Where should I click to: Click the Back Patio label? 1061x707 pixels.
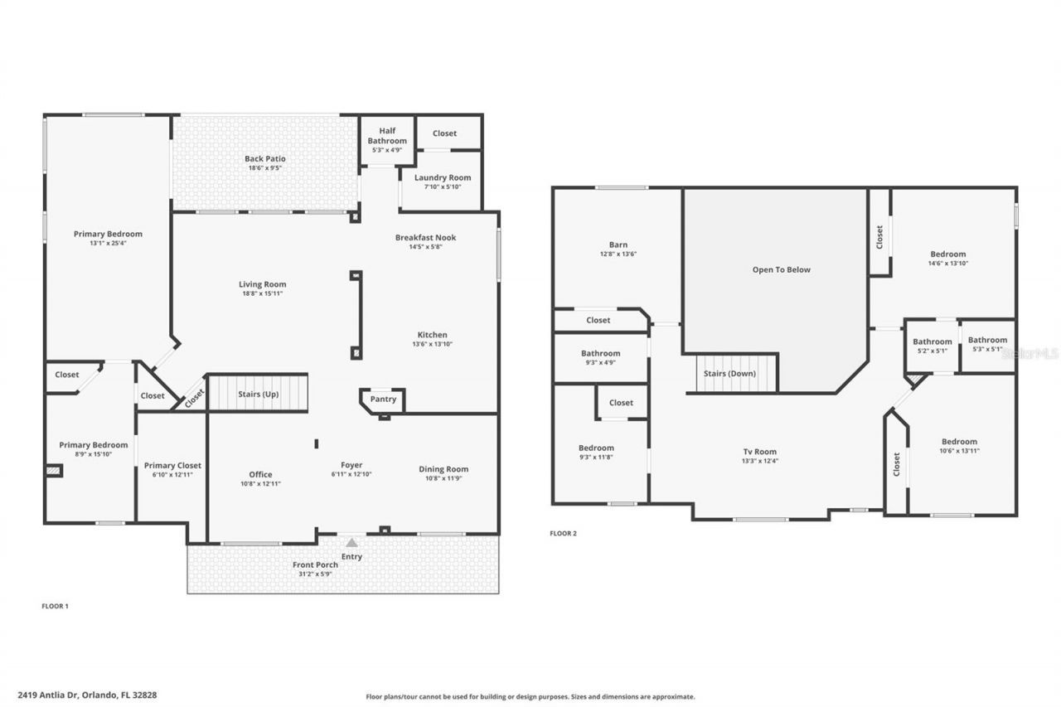click(x=264, y=158)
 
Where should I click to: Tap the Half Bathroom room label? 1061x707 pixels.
click(x=387, y=136)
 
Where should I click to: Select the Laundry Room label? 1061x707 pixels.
click(x=443, y=177)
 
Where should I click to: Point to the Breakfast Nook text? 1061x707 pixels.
click(x=425, y=237)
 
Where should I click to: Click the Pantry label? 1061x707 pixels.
click(x=383, y=399)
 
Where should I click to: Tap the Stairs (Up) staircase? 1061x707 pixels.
click(x=258, y=394)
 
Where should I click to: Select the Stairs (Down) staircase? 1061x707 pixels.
click(x=729, y=373)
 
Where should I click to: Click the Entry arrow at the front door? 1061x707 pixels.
click(x=351, y=542)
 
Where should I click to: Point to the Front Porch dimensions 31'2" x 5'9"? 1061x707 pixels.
click(x=315, y=574)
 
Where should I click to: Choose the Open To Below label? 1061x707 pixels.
click(x=781, y=269)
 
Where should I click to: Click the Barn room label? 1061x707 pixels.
click(x=618, y=245)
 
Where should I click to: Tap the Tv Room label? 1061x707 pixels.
click(x=759, y=452)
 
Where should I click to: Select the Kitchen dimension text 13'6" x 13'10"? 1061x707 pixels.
click(x=433, y=344)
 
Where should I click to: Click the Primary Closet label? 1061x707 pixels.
click(x=172, y=465)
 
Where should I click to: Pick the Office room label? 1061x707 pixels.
click(x=261, y=474)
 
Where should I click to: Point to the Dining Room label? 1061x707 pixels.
click(x=443, y=469)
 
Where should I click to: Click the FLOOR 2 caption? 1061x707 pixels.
click(x=563, y=533)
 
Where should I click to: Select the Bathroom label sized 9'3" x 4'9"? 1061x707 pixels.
click(x=600, y=353)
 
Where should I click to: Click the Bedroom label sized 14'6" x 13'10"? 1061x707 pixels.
click(x=947, y=254)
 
